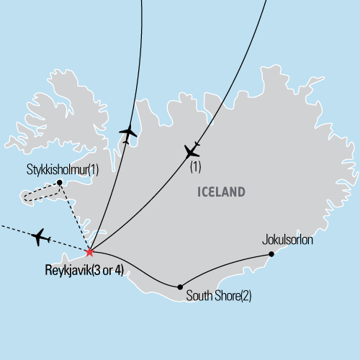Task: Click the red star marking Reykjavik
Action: [89, 252]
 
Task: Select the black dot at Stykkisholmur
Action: [59, 182]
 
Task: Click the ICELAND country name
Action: [220, 192]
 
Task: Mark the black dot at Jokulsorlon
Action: [271, 253]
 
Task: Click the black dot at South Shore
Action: [179, 285]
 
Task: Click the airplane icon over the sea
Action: [40, 236]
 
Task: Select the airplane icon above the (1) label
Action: [192, 151]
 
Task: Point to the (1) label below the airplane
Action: [194, 167]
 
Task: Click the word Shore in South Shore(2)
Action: [226, 295]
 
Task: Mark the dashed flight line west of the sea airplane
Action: [14, 230]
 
